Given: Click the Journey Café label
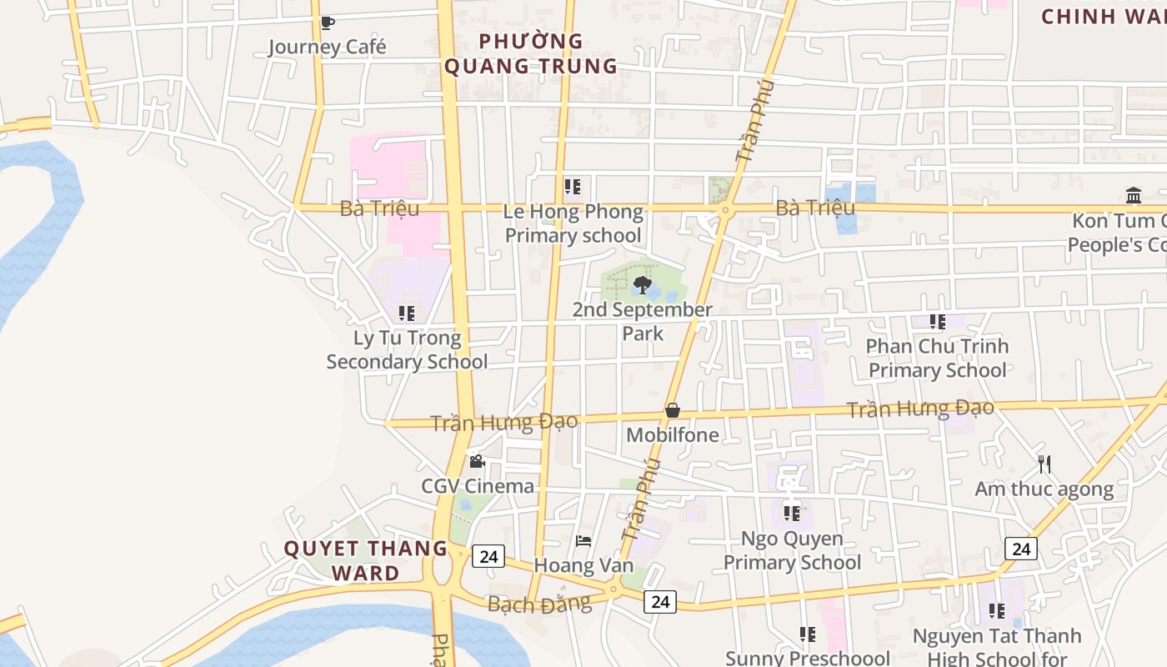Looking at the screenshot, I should point(327,47).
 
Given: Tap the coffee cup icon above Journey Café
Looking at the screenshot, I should point(327,23).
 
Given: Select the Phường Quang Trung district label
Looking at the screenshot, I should point(530,53).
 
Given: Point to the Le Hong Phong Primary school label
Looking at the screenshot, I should point(573,223).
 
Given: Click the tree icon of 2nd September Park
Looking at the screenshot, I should point(642,285).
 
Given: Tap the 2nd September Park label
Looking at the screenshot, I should point(643,321).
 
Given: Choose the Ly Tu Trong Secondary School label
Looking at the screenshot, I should point(407,349).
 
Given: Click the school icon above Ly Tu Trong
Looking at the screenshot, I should point(407,313).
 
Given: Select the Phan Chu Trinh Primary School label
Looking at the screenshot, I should point(938,358).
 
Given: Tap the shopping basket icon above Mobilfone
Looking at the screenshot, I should point(673,410).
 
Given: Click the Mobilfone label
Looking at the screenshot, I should point(673,434).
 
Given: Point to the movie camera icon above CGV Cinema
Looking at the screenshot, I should point(477,461).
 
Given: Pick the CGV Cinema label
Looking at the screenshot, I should point(478,486).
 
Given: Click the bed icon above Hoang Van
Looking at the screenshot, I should point(583,541).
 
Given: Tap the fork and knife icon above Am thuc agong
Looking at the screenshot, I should point(1044,464).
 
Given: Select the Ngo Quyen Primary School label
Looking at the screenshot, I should point(792,550).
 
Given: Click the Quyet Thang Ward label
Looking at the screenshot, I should point(366,560).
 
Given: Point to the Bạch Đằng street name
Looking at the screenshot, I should point(539,604).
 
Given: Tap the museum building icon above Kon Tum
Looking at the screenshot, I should point(1134,196).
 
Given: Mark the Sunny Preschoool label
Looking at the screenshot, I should point(807,658).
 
